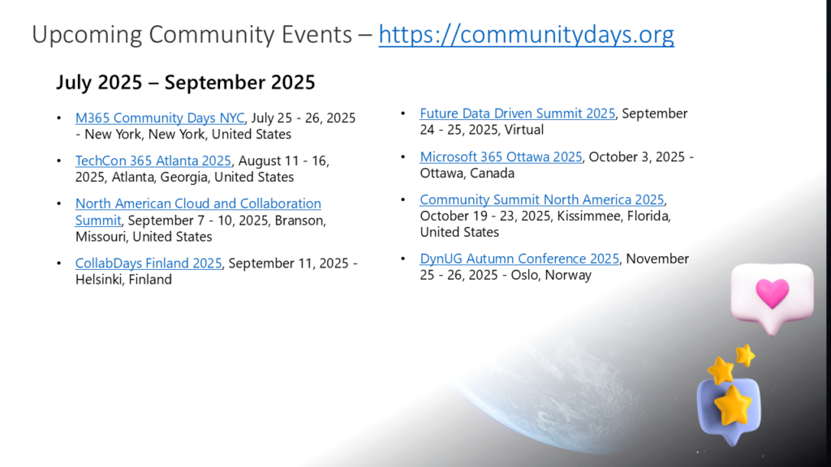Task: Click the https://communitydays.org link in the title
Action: pos(526,35)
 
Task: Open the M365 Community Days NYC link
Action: pos(160,118)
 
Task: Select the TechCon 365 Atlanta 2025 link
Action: pos(153,161)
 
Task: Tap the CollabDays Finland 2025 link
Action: pos(149,263)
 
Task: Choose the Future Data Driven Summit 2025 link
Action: pos(518,114)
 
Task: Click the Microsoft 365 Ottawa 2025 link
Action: pos(501,156)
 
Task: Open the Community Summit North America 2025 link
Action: pos(541,199)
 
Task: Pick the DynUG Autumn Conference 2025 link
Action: pos(519,259)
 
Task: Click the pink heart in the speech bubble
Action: pos(773,293)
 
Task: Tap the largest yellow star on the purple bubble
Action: pos(733,405)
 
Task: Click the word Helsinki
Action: pos(98,280)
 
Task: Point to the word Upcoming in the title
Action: pos(87,36)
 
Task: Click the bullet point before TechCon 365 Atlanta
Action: pos(58,161)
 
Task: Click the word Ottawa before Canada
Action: pos(439,174)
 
